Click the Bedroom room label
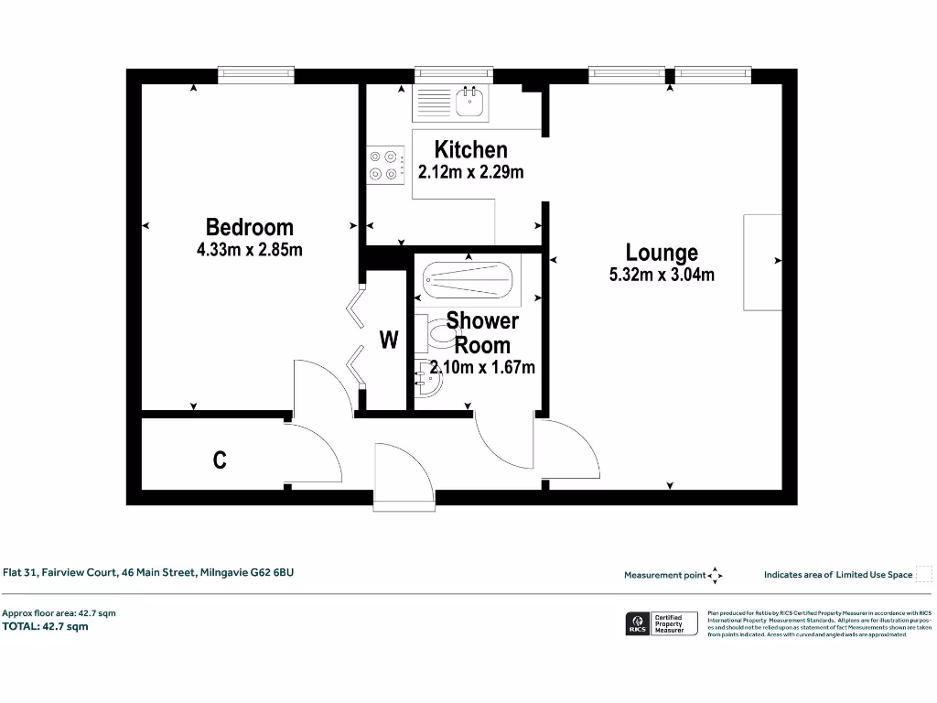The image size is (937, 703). [249, 227]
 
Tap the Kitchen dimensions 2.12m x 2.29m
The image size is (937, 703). [470, 171]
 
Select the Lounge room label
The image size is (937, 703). [662, 253]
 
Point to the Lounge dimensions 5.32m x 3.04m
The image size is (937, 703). [662, 274]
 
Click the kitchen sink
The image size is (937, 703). [471, 102]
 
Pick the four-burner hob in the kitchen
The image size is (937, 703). [384, 165]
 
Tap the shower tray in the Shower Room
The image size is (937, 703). [468, 276]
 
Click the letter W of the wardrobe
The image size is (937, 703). [389, 341]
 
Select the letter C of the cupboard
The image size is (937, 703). [220, 460]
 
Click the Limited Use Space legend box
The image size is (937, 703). [924, 574]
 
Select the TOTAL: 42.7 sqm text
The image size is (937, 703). [45, 627]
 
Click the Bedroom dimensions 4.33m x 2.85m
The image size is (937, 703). [249, 249]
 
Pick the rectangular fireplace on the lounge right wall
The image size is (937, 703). [762, 263]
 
